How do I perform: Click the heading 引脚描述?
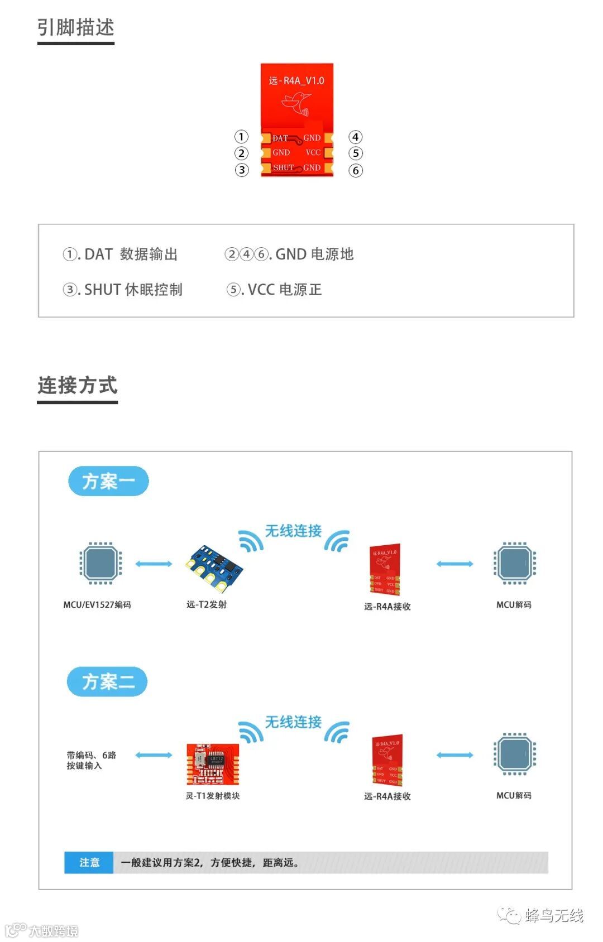(76, 27)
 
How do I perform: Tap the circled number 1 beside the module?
(241, 137)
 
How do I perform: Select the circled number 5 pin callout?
(356, 153)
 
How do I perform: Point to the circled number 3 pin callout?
(241, 170)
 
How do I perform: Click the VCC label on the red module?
(313, 152)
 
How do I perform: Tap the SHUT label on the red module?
(283, 167)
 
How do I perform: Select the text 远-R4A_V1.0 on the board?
(296, 81)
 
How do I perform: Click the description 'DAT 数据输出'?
(121, 254)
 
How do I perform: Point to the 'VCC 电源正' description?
(274, 290)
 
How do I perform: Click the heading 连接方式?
(78, 385)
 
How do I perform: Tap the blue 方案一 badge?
(108, 481)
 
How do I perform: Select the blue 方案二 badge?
(107, 681)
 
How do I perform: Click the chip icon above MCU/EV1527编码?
(100, 563)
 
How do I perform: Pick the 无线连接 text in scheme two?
(293, 722)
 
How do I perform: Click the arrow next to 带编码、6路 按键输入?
(154, 755)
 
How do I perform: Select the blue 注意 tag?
(89, 862)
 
